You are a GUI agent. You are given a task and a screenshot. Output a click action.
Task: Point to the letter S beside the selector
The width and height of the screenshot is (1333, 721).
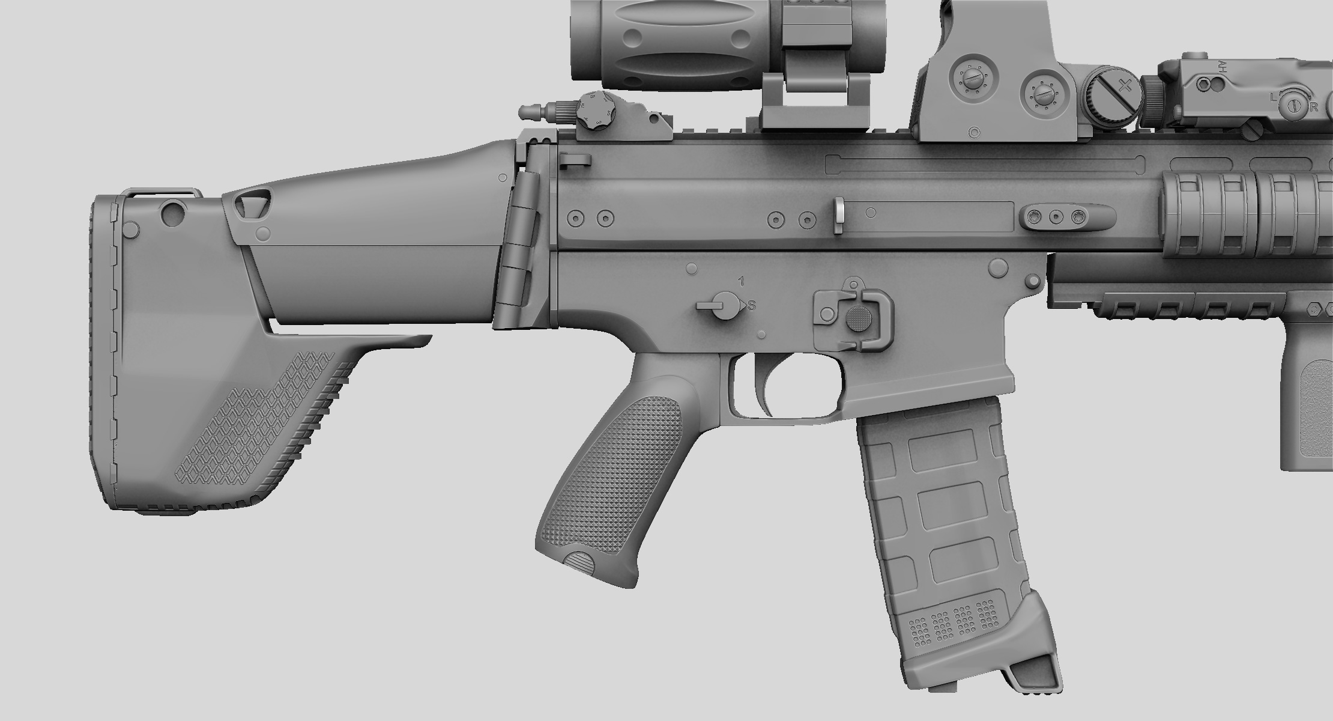point(751,305)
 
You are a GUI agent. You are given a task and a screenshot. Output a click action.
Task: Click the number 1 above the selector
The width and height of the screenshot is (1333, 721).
point(742,281)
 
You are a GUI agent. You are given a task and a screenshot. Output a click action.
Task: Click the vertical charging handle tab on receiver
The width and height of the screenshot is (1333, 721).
point(839,215)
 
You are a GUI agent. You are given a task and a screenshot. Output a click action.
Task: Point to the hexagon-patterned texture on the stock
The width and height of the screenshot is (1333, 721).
point(252,421)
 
